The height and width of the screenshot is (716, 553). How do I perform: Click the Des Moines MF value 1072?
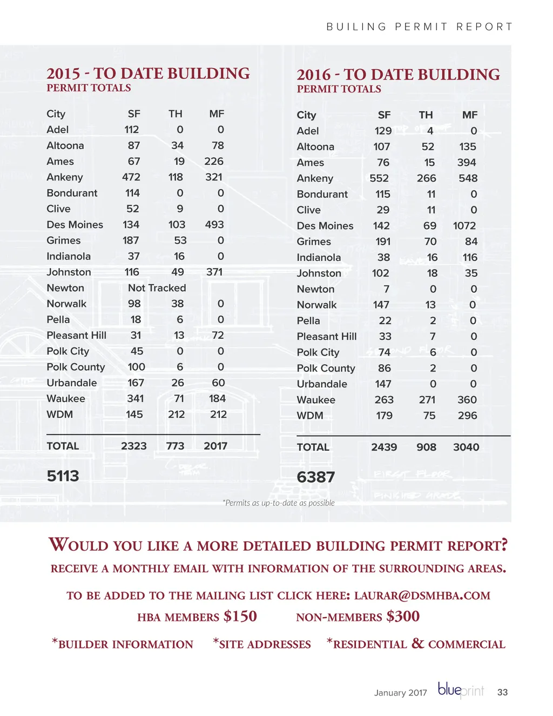[x=464, y=226]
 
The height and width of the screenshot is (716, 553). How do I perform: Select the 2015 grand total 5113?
[x=63, y=476]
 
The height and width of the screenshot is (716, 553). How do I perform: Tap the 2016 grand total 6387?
[x=316, y=477]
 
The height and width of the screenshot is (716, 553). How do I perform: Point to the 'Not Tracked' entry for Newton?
[x=157, y=288]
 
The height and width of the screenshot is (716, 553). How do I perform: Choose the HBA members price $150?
[x=240, y=617]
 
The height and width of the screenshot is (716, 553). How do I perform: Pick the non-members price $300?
[x=403, y=617]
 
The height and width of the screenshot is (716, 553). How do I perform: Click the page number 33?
[x=502, y=692]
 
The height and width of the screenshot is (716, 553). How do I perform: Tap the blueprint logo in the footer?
[x=461, y=691]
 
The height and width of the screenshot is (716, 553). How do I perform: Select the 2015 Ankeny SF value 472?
[x=131, y=177]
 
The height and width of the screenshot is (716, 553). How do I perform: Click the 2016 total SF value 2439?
[x=384, y=447]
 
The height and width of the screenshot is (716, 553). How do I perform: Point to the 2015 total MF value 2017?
[x=215, y=446]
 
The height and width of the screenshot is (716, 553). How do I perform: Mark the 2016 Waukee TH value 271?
[x=427, y=400]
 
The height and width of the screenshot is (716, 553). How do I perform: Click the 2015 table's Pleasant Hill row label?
[x=76, y=336]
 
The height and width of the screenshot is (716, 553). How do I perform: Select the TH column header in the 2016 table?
[x=426, y=115]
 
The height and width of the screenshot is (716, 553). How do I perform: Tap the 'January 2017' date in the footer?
[x=400, y=693]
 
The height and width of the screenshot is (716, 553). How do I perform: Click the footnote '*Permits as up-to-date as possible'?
[x=279, y=503]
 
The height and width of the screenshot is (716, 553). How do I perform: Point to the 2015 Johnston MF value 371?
[x=214, y=272]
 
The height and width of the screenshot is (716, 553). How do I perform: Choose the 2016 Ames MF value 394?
[x=467, y=163]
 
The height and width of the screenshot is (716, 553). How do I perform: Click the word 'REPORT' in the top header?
[x=484, y=27]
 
